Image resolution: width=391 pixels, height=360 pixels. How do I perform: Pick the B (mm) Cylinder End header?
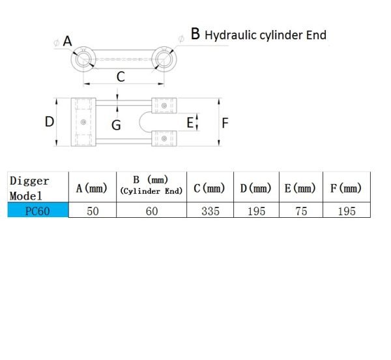151,185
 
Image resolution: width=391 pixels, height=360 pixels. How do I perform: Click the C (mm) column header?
209,188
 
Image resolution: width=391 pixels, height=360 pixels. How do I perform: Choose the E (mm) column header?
300,188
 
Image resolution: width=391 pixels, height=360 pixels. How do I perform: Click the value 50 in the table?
92,211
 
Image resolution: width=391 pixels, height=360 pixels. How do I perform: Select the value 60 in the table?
151,211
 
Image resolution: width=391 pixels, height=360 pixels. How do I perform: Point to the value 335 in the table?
209,211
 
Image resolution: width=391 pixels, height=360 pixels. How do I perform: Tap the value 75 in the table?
300,211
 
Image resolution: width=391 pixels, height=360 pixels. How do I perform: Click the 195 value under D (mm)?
255,211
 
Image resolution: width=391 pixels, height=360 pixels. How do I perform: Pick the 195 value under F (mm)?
346,211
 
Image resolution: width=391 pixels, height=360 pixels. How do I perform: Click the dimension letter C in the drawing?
121,77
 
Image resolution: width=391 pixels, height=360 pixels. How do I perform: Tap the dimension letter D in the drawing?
49,121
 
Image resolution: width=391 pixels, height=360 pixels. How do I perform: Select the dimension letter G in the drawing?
116,125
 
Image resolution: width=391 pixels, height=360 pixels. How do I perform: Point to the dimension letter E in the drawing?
190,122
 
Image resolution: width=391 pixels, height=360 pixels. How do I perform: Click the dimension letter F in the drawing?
225,123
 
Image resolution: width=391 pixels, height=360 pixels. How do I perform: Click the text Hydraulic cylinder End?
265,35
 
